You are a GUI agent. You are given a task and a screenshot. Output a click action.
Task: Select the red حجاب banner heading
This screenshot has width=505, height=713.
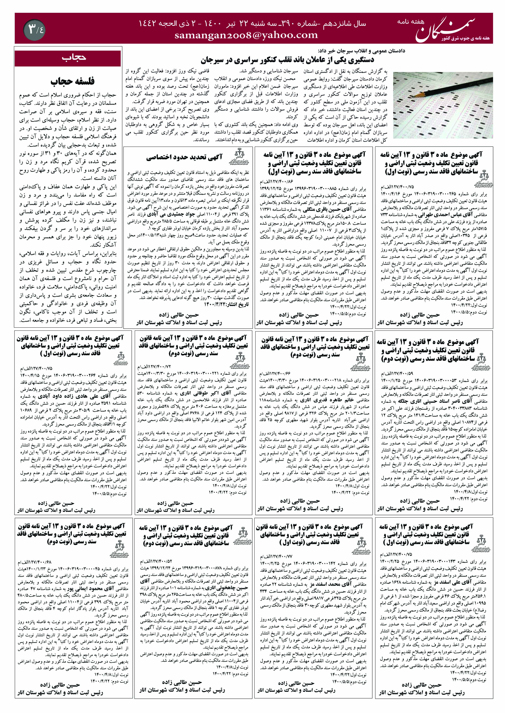pos(68,58)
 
